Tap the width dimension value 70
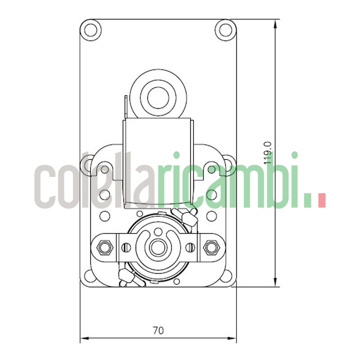158,330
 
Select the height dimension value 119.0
268,153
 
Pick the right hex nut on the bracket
210,247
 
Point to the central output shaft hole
157,247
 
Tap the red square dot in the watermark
321,201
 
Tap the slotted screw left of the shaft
126,247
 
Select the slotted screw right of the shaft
190,247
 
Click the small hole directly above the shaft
157,232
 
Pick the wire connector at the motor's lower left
125,278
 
